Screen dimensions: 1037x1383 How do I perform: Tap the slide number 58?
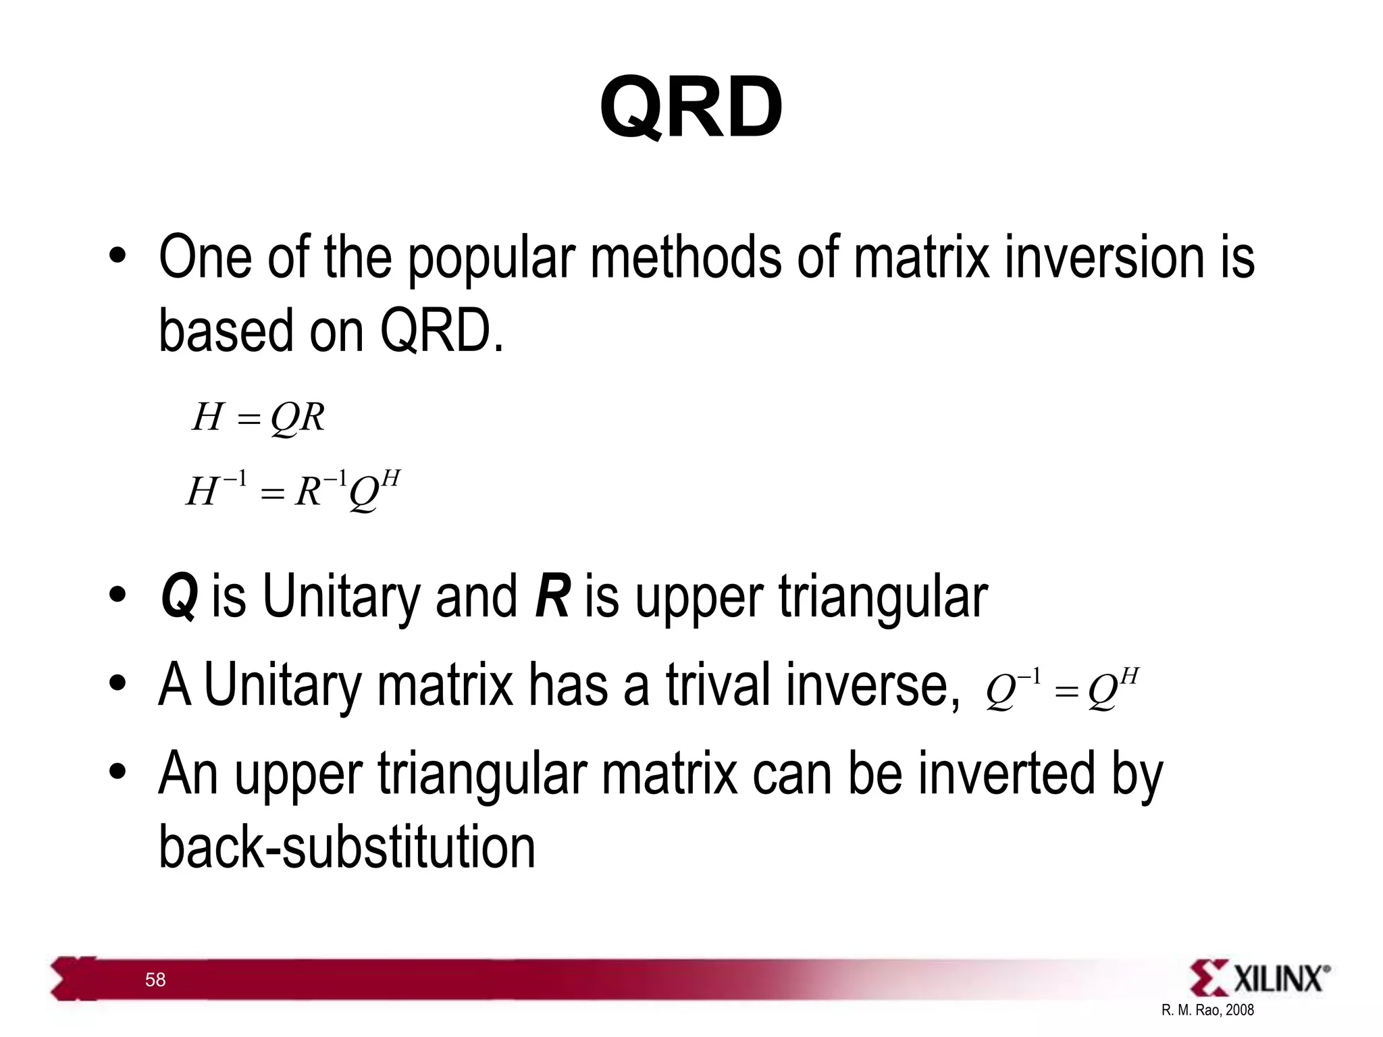155,980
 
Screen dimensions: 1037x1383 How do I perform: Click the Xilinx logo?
1259,978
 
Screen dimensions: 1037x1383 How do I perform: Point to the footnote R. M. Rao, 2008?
1207,1010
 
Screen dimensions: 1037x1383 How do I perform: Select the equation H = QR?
259,417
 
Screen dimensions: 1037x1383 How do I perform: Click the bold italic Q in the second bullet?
179,597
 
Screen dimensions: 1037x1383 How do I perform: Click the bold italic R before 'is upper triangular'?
552,597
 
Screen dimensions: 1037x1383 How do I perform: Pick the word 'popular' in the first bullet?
492,258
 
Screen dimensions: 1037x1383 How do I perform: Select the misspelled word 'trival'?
717,685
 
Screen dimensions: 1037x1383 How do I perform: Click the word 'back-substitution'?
346,848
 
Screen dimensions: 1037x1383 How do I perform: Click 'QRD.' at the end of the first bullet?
442,331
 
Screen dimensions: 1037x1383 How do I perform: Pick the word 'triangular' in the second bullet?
883,597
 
